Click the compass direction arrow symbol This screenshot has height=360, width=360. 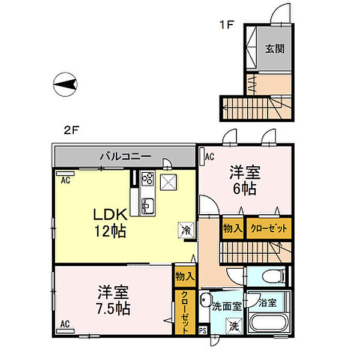67,85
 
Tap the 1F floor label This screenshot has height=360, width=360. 226,25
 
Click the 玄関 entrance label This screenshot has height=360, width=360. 275,48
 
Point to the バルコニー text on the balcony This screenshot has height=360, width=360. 124,157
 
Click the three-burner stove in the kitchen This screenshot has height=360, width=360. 148,179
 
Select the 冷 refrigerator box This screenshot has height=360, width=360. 186,230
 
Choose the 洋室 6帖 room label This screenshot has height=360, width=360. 244,181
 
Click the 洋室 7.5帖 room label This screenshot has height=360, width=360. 112,301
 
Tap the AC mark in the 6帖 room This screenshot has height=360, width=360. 209,157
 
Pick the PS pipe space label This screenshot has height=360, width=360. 202,329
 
